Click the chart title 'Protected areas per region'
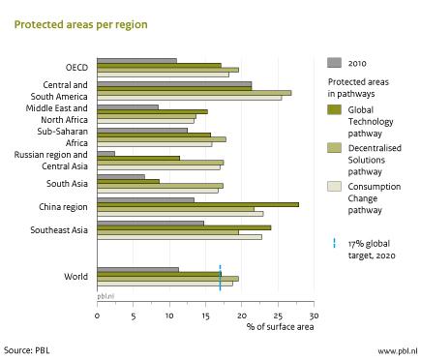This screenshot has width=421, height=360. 80,24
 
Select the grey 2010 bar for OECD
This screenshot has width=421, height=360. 136,61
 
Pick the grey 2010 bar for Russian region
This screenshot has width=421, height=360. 105,153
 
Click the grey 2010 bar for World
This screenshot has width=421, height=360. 137,269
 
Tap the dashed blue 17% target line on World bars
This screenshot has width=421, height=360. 220,277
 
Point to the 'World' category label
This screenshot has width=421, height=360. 75,277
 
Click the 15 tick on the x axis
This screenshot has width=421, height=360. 205,315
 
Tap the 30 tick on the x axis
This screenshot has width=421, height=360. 313,315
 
